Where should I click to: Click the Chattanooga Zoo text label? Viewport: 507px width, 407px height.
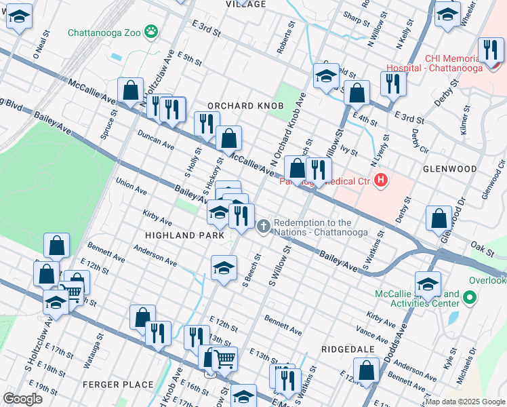click(104, 33)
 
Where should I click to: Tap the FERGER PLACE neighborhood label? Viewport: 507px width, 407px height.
click(118, 385)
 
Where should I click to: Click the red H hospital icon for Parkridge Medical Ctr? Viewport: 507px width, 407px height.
click(381, 180)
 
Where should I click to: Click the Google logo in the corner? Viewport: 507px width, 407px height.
click(22, 398)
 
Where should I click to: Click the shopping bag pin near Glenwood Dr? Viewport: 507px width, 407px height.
click(439, 218)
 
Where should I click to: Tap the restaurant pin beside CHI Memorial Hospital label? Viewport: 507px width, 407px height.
click(491, 50)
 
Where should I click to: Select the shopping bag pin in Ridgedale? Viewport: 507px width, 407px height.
click(366, 370)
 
